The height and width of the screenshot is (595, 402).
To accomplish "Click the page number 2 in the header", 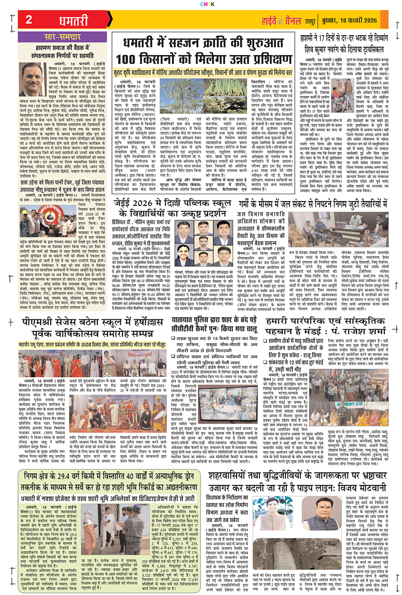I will pos(28,20).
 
